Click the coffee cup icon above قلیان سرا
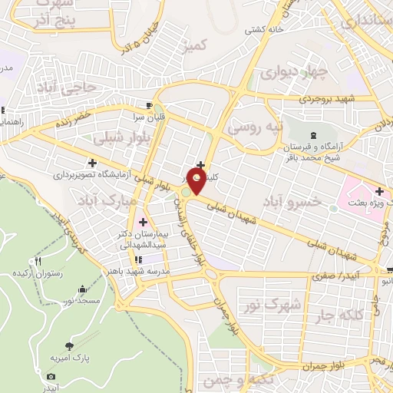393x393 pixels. click(x=148, y=104)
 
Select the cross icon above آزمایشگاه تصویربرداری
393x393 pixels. click(x=92, y=163)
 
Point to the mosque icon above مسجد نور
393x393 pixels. click(x=82, y=289)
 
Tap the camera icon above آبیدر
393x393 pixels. click(x=51, y=377)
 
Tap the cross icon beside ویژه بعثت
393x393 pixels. click(x=379, y=190)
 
